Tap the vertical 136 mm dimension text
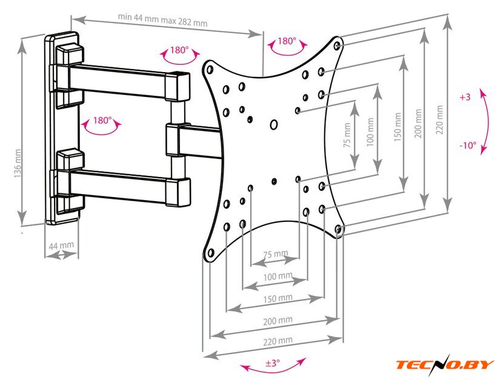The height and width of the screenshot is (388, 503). click(18, 164)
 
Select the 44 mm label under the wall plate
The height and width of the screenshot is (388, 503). click(61, 246)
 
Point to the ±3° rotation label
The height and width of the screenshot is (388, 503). click(272, 363)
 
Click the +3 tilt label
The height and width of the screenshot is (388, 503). click(465, 97)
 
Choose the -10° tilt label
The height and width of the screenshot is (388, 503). click(467, 146)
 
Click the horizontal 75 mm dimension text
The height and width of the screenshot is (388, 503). click(276, 253)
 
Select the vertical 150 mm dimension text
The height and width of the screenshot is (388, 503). click(398, 127)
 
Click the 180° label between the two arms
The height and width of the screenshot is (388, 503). click(102, 121)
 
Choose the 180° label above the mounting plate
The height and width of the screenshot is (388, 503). click(287, 42)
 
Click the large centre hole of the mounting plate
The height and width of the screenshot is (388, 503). click(273, 125)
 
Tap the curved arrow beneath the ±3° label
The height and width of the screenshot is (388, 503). click(273, 370)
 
